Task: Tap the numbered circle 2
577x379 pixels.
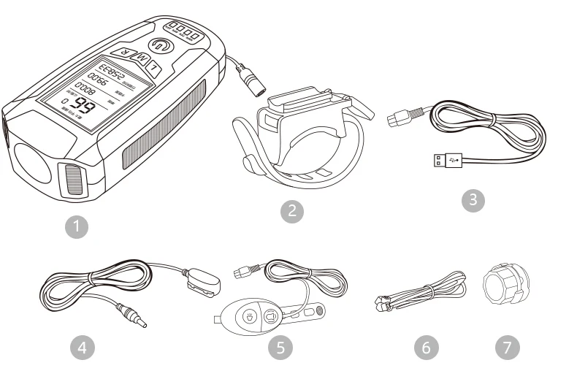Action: pos(293,211)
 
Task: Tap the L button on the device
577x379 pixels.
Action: pos(155,68)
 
